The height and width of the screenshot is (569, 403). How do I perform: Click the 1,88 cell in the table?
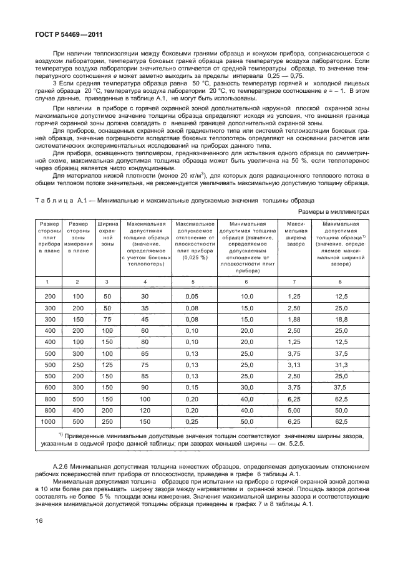[294, 318]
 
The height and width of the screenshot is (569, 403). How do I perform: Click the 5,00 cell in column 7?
[294, 410]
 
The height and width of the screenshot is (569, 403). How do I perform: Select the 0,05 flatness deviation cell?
[191, 295]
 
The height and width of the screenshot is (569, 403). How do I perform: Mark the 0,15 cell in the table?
[191, 387]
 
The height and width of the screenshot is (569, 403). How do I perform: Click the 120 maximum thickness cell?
[145, 410]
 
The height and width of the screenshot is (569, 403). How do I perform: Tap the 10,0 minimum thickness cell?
[248, 295]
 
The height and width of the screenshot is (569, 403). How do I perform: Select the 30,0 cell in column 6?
[248, 387]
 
